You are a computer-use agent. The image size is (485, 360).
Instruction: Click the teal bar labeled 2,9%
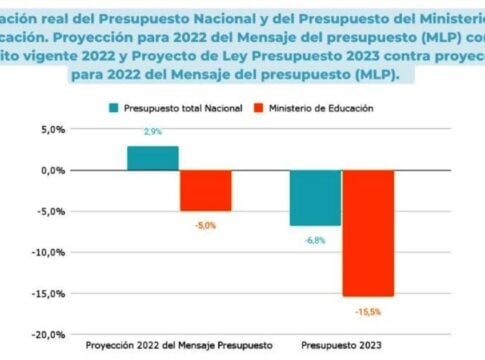[152, 158]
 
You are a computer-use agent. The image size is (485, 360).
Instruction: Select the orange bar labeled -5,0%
[205, 190]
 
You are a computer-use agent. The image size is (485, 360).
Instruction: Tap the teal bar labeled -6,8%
[315, 198]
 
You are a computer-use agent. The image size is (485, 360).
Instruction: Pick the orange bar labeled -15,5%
[368, 233]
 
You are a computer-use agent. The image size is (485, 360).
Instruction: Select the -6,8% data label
[314, 240]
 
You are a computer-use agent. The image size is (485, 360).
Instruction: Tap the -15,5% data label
[367, 312]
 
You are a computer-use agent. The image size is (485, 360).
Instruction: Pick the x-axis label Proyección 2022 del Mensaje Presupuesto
[178, 345]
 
